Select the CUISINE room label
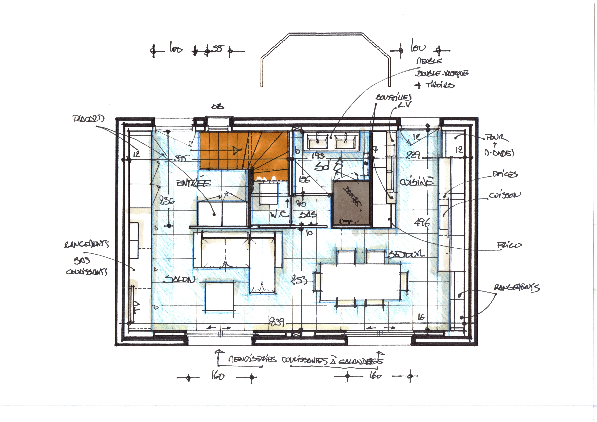pyautogui.click(x=417, y=181)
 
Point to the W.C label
pyautogui.click(x=279, y=214)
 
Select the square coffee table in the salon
pyautogui.click(x=220, y=296)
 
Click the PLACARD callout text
pyautogui.click(x=88, y=119)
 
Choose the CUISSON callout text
pyautogui.click(x=504, y=195)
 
